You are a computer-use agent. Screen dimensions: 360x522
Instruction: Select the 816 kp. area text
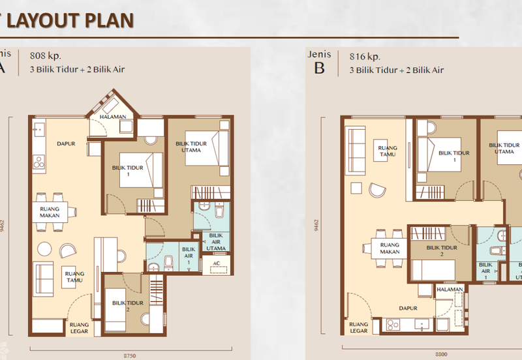(x=363, y=56)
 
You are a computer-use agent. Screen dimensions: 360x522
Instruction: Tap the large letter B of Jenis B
(x=319, y=68)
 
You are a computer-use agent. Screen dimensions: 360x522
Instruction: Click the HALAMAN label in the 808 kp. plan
(x=113, y=117)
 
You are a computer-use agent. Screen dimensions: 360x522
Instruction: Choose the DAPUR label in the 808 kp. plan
(x=64, y=144)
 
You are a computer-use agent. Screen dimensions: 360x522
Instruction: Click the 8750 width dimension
(x=130, y=355)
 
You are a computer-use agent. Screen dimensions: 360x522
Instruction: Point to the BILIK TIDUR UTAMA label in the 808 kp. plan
(x=191, y=146)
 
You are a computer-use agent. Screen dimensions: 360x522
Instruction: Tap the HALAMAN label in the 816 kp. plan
(x=450, y=290)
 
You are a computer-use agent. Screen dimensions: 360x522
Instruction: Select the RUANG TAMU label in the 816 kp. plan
(x=387, y=151)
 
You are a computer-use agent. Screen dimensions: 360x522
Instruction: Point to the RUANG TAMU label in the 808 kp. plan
(x=74, y=278)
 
